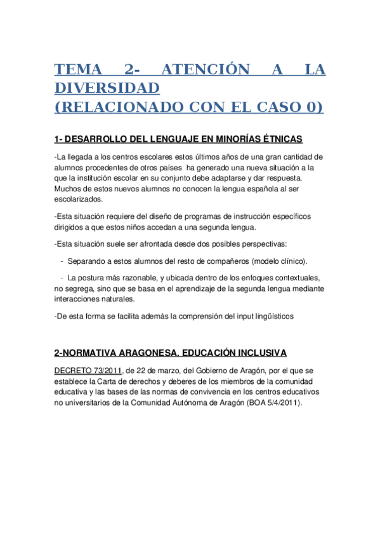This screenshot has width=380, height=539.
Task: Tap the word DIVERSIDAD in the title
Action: pyautogui.click(x=107, y=87)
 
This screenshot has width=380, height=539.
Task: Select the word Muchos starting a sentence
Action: pyautogui.click(x=68, y=188)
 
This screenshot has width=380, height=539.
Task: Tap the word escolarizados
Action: pyautogui.click(x=78, y=199)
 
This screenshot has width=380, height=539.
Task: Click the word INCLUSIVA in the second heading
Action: pyautogui.click(x=261, y=352)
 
